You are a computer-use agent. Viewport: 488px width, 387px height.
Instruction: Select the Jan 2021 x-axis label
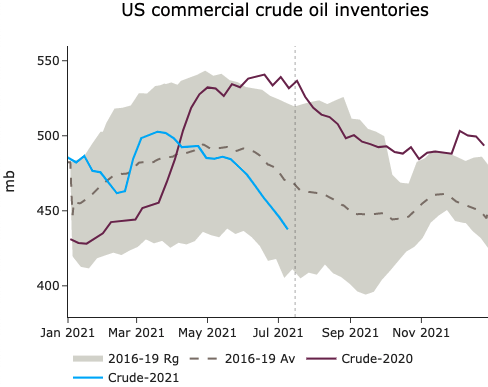coord(67,331)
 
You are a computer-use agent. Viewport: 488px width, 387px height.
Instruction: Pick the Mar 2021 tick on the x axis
coord(135,331)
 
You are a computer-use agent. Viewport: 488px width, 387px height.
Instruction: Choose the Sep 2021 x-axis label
coord(350,331)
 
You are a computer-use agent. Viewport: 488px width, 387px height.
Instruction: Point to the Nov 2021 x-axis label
coord(420,331)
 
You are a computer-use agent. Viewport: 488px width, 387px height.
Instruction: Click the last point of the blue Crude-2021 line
coord(287,229)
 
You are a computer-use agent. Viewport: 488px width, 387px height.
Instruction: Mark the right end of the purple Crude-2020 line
coord(484,145)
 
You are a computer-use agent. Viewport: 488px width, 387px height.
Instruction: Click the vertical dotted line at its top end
coord(295,47)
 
